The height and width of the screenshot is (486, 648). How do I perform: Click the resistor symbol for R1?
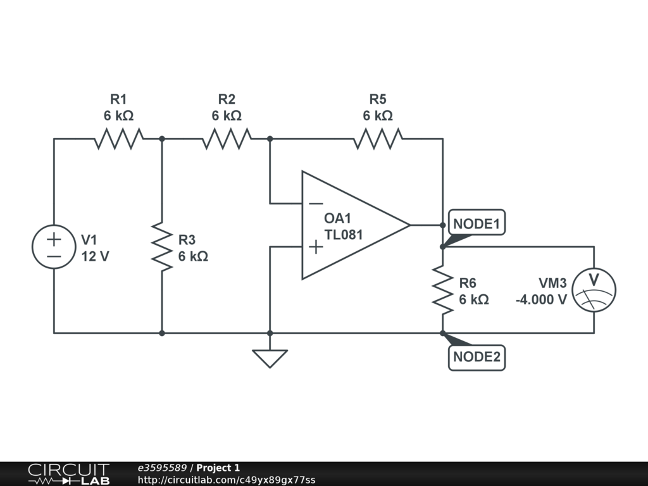pos(118,139)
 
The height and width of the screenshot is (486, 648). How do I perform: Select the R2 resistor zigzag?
pos(227,139)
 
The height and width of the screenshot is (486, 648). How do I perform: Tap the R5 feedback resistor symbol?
pos(378,139)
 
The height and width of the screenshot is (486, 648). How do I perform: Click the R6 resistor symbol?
pos(443,290)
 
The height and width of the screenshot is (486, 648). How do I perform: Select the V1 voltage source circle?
pos(54,247)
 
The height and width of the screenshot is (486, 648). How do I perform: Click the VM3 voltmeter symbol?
pos(594,290)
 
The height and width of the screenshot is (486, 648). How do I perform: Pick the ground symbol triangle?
pos(270,358)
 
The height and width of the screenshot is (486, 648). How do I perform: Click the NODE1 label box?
pos(477,223)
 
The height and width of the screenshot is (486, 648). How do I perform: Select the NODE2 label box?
pos(477,357)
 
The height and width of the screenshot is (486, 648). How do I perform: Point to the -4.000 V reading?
pos(541,299)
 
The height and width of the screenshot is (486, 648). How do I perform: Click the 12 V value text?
pos(94,256)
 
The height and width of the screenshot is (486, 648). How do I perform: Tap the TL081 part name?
pos(343,235)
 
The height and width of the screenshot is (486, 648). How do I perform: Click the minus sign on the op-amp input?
pos(315,204)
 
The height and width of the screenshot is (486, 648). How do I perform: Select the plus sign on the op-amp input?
pos(315,246)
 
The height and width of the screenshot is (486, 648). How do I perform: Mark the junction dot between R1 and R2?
pos(162,139)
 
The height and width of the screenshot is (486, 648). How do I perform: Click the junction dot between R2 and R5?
pos(270,139)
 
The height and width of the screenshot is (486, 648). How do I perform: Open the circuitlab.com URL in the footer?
pos(227,480)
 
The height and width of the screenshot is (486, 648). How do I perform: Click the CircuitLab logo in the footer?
pos(68,474)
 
